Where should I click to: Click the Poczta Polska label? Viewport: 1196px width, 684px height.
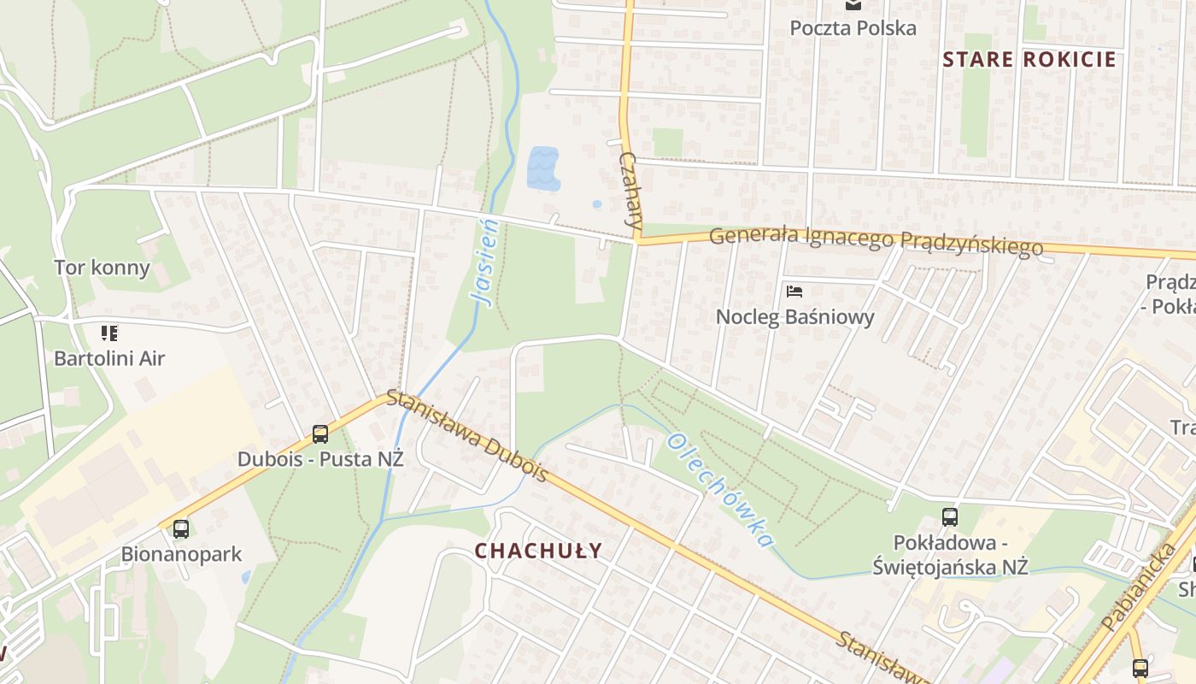(853, 27)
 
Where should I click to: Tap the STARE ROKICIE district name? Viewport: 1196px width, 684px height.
(1029, 59)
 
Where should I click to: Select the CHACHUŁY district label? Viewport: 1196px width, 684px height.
(538, 551)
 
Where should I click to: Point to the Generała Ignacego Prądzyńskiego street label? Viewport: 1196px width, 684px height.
(876, 239)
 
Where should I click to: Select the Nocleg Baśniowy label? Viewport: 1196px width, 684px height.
(794, 317)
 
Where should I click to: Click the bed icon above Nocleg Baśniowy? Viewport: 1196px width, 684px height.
(794, 291)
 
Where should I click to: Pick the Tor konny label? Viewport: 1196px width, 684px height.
(102, 268)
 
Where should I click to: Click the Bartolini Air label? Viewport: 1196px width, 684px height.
(109, 357)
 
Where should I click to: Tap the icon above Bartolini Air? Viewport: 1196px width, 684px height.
(109, 332)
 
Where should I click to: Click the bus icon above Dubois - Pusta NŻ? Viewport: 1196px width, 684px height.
(320, 433)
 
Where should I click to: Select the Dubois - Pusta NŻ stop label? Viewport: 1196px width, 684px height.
(320, 459)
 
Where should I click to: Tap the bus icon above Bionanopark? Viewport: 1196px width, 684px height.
(181, 528)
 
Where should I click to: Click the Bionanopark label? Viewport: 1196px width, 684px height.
(181, 554)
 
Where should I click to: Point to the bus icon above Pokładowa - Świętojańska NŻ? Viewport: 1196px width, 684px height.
(950, 516)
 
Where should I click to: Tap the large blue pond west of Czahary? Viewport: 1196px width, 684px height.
(542, 168)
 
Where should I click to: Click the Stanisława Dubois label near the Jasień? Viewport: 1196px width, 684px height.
(466, 434)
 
